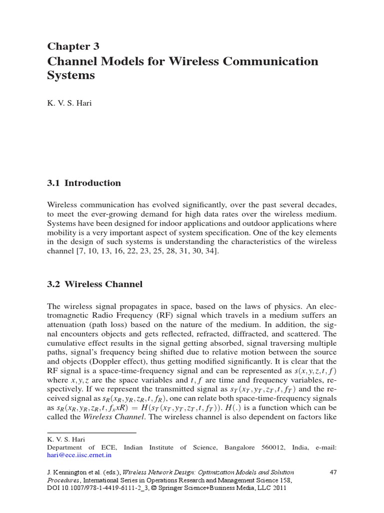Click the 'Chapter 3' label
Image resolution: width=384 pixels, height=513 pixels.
pos(73,47)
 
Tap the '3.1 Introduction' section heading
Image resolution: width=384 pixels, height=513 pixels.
pos(83,183)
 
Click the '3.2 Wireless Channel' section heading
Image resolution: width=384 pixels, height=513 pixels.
pos(94,284)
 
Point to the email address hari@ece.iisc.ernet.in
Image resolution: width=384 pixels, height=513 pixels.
pos(79,455)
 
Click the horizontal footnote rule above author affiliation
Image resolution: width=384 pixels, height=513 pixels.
pos(91,432)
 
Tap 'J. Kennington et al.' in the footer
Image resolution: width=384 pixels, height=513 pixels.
pos(73,472)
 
